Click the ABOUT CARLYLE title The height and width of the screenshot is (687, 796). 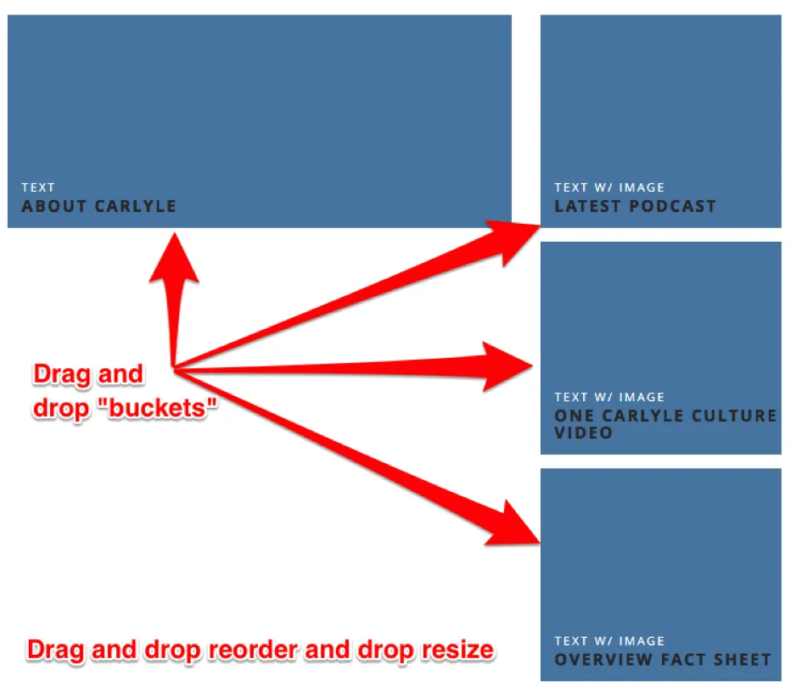pyautogui.click(x=98, y=206)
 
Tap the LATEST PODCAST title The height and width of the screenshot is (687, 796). pyautogui.click(x=635, y=206)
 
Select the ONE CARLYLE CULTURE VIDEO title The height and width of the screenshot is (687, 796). pyautogui.click(x=665, y=424)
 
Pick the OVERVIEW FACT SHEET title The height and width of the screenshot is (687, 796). pyautogui.click(x=663, y=660)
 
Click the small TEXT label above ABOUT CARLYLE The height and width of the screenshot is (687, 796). pyautogui.click(x=38, y=187)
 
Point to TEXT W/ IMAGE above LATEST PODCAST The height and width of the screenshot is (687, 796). pyautogui.click(x=609, y=187)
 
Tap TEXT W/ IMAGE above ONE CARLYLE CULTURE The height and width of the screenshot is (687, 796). pyautogui.click(x=609, y=397)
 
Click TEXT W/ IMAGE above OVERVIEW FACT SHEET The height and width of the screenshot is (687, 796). pyautogui.click(x=609, y=641)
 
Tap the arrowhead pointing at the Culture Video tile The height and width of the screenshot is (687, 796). pyautogui.click(x=506, y=366)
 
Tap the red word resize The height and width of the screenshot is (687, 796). pyautogui.click(x=458, y=650)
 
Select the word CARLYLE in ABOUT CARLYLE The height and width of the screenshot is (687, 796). pyautogui.click(x=136, y=206)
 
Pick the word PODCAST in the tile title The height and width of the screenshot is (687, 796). pyautogui.click(x=673, y=206)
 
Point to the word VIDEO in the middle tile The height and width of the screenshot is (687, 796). pyautogui.click(x=583, y=433)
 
